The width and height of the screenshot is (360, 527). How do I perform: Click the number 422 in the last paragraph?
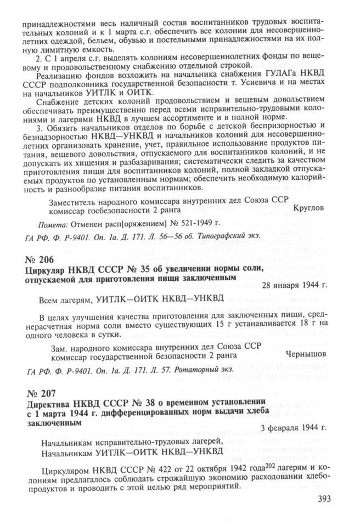point(160,466)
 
